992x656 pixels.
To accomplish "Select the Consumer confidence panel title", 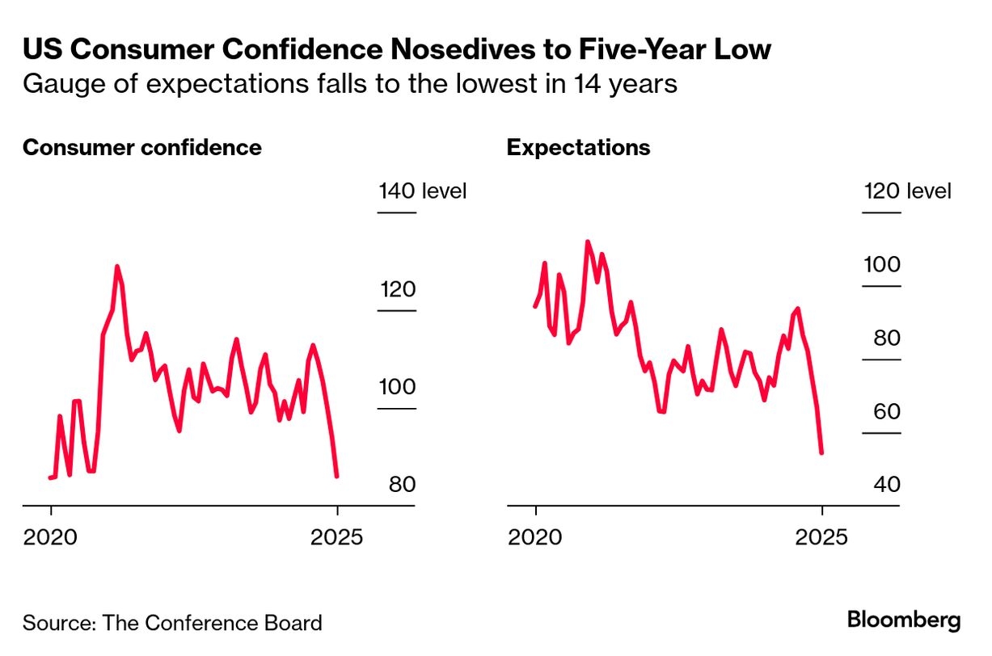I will (142, 148).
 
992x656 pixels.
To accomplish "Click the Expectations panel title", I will (578, 148).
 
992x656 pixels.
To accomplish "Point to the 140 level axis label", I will (422, 191).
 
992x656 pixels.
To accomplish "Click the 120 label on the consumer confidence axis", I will (397, 290).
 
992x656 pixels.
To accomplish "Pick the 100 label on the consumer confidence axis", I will (397, 387).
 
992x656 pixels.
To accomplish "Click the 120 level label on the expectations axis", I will (906, 191).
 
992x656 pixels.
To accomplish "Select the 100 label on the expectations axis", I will (882, 265).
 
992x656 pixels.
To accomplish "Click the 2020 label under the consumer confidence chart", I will (50, 536).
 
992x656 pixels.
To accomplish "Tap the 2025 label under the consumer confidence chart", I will (337, 536).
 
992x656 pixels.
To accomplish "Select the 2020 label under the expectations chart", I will (534, 536).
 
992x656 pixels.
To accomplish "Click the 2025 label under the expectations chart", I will (821, 536).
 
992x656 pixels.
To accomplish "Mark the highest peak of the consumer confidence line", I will (116, 266).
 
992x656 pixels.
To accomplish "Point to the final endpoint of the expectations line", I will (821, 452).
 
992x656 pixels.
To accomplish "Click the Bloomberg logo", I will (904, 620).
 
